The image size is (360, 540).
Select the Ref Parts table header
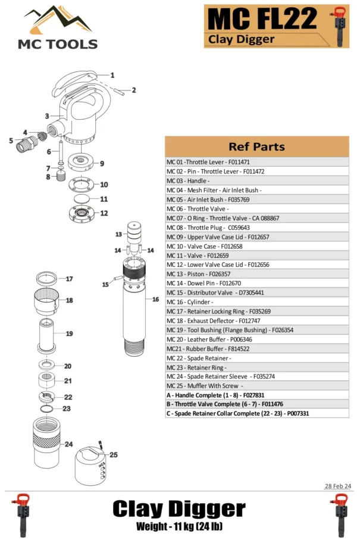click(x=256, y=146)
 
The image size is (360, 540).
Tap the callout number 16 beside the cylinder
click(x=156, y=299)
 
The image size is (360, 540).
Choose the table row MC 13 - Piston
click(x=256, y=274)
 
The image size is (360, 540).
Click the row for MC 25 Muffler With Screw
click(x=256, y=386)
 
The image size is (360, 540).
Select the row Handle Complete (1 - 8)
click(x=256, y=395)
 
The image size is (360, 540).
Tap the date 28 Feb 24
click(x=338, y=486)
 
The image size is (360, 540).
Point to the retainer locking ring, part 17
click(x=48, y=279)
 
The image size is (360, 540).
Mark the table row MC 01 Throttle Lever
click(x=256, y=162)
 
